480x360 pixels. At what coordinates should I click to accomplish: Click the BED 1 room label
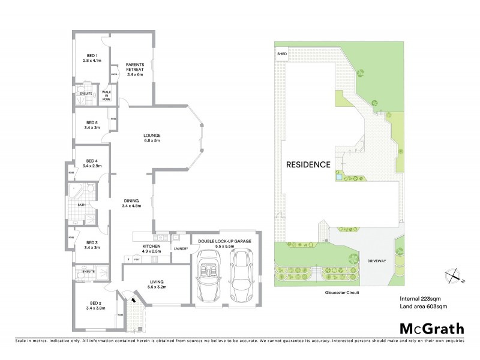[x=92, y=58]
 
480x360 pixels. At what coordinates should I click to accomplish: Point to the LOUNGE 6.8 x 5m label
[x=151, y=137]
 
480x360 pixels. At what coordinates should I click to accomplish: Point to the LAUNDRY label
[x=181, y=248]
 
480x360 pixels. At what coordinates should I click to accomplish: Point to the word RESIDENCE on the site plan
[x=307, y=164]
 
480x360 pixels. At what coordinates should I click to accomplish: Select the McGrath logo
[x=431, y=328]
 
